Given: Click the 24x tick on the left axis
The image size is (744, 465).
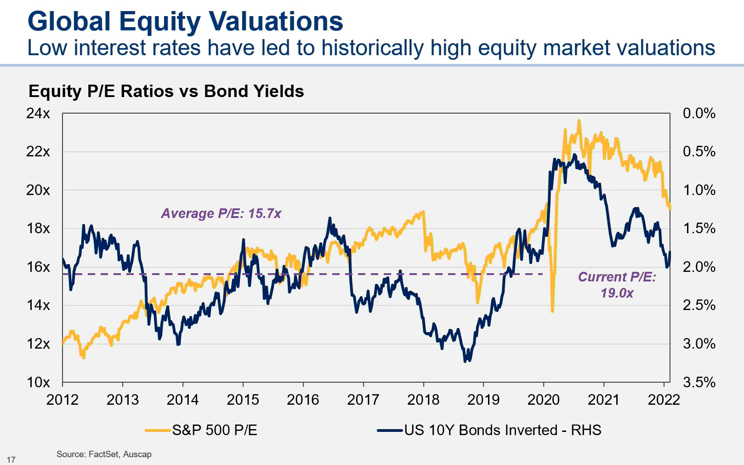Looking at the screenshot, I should click(38, 113).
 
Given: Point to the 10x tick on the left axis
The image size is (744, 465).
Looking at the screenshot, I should click(38, 382).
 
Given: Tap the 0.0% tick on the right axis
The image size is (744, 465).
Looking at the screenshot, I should click(699, 113).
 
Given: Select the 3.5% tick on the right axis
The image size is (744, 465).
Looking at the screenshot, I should click(699, 382).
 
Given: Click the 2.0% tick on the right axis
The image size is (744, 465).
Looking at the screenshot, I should click(699, 267).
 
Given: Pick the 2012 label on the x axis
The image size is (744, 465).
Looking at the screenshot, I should click(62, 400).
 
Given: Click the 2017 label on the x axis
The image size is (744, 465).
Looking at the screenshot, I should click(363, 400).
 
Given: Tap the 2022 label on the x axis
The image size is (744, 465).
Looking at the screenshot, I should click(664, 400).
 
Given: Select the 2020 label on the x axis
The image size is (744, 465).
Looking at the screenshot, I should click(543, 400).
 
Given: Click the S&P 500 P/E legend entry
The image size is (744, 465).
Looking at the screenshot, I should click(214, 430).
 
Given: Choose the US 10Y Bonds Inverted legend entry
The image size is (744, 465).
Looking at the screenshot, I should click(502, 430).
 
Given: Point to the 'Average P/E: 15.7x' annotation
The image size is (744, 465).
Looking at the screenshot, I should click(221, 213).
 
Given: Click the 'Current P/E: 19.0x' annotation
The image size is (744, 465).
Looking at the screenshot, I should click(617, 285).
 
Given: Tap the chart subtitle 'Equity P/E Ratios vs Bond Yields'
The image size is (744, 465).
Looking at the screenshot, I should click(166, 91).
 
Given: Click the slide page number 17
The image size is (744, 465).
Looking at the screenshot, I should click(11, 459).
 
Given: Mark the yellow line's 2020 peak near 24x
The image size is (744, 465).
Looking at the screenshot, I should click(579, 121).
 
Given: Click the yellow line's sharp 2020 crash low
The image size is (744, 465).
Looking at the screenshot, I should click(552, 311).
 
